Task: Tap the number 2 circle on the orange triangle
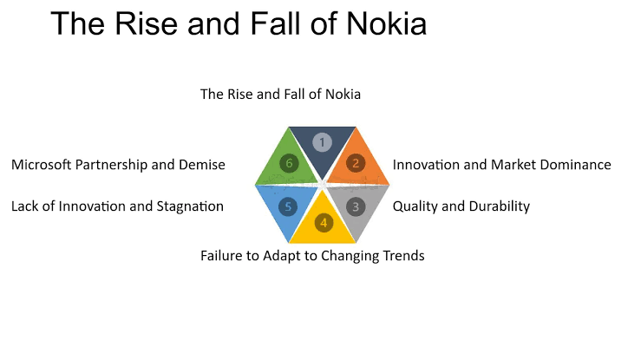355,162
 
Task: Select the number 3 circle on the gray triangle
355,206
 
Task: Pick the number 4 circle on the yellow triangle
323,222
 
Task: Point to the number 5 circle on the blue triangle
290,206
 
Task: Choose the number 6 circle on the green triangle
290,162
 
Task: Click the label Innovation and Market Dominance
501,164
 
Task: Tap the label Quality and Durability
461,206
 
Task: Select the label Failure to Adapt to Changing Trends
312,256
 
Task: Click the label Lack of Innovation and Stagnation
117,206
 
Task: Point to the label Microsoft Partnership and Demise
118,164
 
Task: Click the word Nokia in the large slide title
380,23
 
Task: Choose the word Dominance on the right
574,164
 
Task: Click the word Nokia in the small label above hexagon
342,94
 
